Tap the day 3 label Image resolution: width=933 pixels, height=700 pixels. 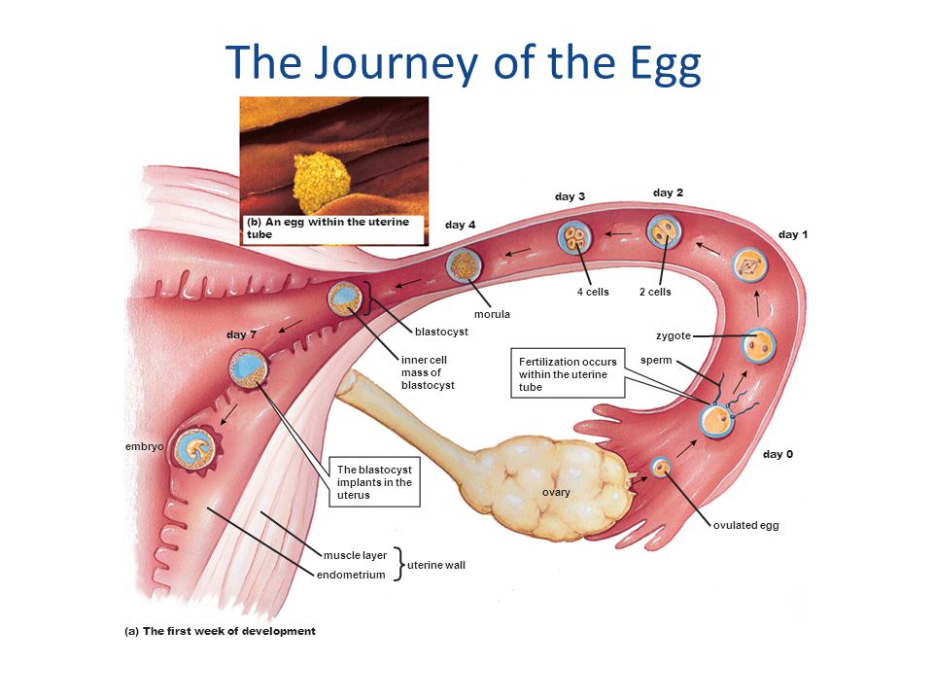[x=570, y=196]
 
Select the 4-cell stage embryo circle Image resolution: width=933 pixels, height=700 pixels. [x=575, y=237]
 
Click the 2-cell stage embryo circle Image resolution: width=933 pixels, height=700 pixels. [x=665, y=232]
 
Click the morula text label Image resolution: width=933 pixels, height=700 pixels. [x=492, y=314]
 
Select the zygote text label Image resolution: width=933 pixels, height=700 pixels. [x=673, y=335]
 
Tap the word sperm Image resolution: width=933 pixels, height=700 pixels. [x=656, y=361]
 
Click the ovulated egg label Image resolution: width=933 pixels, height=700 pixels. [x=746, y=525]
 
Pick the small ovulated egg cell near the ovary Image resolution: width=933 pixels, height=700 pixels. [x=661, y=468]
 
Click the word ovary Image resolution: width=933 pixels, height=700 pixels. [x=556, y=493]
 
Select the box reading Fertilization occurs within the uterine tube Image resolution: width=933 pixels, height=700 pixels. [x=568, y=374]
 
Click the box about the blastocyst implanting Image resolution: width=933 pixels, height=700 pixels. [x=374, y=482]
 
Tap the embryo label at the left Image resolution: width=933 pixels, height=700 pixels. [x=144, y=446]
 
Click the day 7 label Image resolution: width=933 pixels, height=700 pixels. [x=241, y=334]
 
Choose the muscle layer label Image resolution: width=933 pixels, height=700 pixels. [x=355, y=555]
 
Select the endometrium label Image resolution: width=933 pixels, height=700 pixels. [x=351, y=575]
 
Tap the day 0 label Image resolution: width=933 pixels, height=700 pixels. [x=777, y=454]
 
